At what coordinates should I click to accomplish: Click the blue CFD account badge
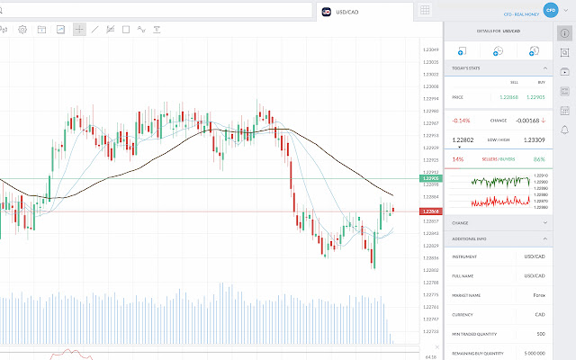click(550, 11)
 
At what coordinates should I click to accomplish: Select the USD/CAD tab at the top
click(347, 11)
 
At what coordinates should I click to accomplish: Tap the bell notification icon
click(564, 130)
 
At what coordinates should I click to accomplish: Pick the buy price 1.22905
click(535, 96)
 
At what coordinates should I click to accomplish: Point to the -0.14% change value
click(461, 120)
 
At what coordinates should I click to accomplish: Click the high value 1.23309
click(534, 139)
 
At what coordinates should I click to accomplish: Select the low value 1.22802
click(463, 139)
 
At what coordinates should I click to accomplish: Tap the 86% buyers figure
click(539, 159)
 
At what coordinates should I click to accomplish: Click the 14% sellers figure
click(457, 159)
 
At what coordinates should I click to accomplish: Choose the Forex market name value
click(539, 294)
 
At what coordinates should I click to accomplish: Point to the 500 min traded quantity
click(541, 334)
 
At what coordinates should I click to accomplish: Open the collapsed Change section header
click(499, 222)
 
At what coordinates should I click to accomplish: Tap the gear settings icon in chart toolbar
click(22, 29)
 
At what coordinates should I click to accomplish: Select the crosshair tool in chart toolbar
click(79, 29)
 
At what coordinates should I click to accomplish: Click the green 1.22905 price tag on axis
click(429, 178)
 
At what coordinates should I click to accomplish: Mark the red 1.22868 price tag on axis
click(429, 211)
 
